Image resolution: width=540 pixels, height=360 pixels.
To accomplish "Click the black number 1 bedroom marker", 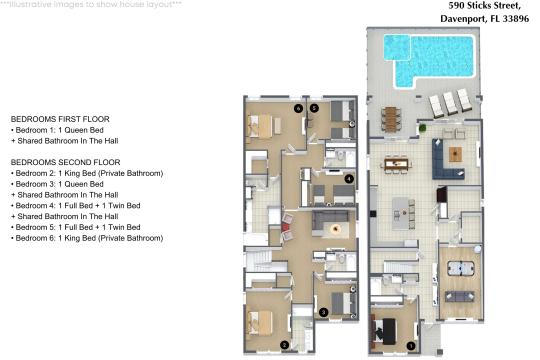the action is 411,346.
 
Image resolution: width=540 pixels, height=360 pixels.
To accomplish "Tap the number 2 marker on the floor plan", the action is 284,345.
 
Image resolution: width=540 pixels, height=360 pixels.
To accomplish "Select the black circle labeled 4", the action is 349,179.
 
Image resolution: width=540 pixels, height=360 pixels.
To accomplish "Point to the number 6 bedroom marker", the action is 298,109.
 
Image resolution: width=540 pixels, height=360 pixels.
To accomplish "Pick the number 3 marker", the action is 323,312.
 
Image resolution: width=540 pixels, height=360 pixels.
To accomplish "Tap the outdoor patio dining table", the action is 391,119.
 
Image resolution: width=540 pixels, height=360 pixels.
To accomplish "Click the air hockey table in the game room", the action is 460,268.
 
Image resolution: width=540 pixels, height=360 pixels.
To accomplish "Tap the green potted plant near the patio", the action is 422,128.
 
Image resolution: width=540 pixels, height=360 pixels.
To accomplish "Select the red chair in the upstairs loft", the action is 284,227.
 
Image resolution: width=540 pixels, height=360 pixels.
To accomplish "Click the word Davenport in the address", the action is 464,18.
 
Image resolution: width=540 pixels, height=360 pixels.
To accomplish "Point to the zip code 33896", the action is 516,18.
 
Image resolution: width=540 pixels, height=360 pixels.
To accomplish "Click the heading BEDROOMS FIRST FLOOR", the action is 60,119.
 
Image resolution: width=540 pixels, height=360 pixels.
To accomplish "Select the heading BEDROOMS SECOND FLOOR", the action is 65,162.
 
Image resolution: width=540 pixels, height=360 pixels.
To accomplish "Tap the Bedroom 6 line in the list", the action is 87,238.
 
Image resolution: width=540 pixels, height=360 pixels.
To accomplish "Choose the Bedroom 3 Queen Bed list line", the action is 57,184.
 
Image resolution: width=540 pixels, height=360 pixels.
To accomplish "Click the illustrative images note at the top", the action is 91,4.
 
